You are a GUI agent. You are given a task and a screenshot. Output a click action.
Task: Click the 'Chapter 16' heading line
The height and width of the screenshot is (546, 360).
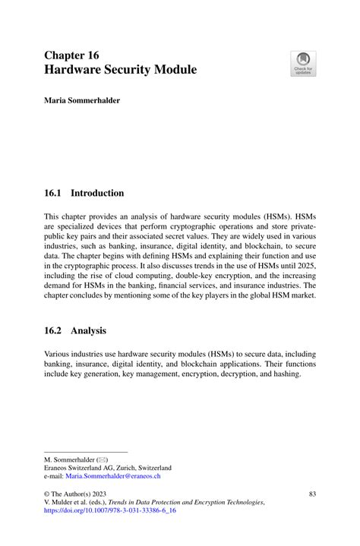tap(71, 55)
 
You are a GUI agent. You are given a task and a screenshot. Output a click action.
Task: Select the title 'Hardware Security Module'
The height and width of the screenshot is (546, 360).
tap(120, 70)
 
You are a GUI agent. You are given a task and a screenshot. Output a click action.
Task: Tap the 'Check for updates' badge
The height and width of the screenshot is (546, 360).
tap(303, 63)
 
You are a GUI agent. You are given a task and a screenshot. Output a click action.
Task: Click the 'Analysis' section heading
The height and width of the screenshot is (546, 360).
tap(88, 331)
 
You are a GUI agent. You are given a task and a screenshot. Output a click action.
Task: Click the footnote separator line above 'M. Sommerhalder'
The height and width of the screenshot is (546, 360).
tap(75, 451)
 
